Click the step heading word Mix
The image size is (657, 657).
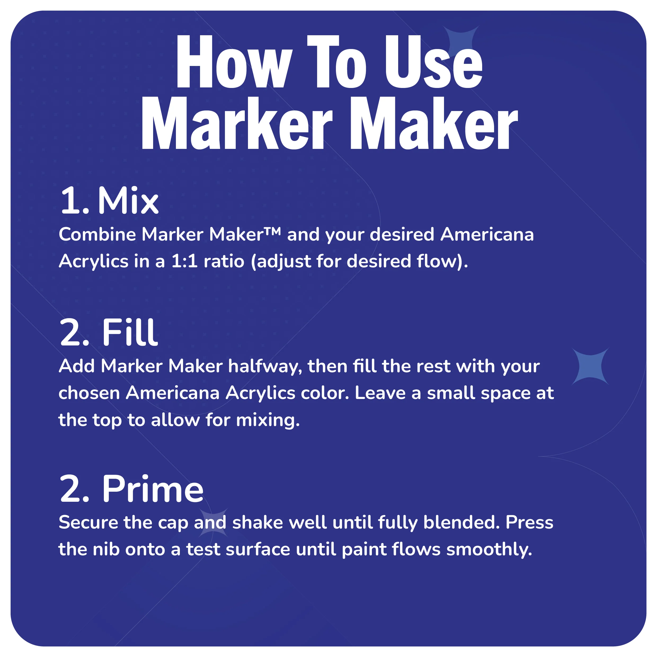tap(128, 201)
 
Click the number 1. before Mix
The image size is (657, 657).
tap(74, 201)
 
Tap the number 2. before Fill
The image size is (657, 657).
tap(74, 333)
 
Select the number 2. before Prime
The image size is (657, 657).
tap(74, 489)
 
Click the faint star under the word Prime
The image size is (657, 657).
tap(213, 523)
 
